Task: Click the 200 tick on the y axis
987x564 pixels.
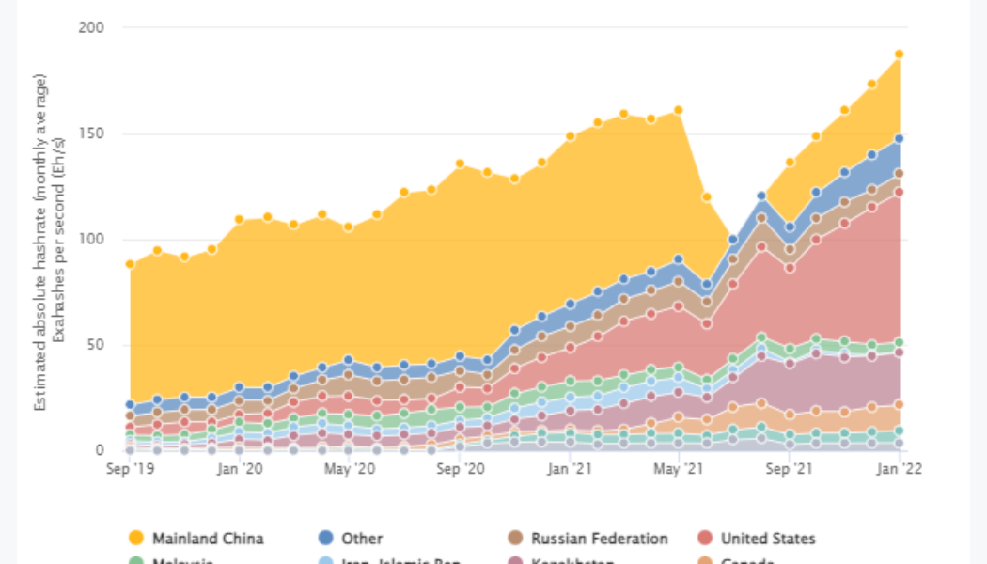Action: (91, 28)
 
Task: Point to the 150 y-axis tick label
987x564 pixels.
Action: (91, 133)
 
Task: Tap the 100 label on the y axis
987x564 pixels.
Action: (91, 239)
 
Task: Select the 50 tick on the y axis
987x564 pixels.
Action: (95, 345)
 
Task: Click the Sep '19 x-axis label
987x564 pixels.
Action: (130, 467)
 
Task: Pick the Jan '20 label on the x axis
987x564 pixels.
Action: (240, 467)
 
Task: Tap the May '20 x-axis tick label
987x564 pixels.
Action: (350, 467)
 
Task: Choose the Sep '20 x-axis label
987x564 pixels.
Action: (461, 467)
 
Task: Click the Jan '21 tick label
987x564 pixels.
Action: (571, 467)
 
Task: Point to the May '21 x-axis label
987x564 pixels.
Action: (678, 467)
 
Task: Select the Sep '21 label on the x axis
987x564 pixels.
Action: (791, 467)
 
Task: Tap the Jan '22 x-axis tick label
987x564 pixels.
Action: (899, 467)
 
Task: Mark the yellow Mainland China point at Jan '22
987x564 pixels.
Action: (900, 55)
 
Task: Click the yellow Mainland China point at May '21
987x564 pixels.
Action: (678, 110)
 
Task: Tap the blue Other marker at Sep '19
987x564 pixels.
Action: (130, 405)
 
